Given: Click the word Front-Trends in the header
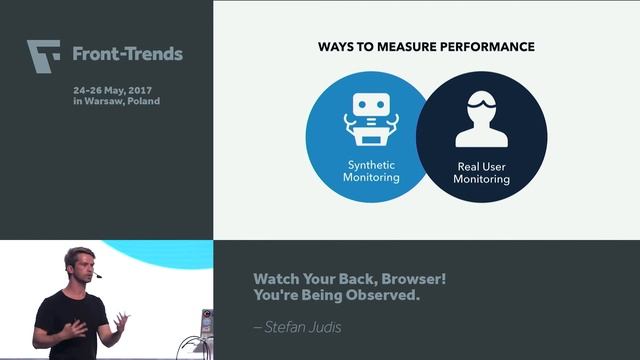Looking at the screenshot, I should click(127, 54).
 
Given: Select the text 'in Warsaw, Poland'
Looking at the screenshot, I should click(116, 101).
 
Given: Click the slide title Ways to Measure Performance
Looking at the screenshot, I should click(426, 47).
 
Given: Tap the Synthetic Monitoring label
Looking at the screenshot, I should click(371, 171).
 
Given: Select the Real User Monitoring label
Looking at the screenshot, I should click(481, 173).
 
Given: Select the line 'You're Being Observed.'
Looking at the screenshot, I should click(322, 296).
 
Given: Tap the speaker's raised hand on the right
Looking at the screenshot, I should click(120, 320).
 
